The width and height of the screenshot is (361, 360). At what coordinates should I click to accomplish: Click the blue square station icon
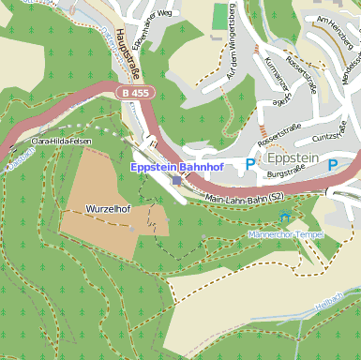coord(177,180)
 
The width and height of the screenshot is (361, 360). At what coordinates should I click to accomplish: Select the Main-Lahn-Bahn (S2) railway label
coord(243,197)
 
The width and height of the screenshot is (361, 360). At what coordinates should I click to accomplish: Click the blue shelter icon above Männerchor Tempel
coord(285,217)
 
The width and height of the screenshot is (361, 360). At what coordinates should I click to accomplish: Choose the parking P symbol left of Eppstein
coord(249,164)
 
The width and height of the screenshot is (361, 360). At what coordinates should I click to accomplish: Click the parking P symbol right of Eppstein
coord(332,164)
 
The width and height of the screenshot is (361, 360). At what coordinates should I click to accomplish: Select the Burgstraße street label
coord(286,172)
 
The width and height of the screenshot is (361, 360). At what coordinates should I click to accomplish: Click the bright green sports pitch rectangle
coord(220,16)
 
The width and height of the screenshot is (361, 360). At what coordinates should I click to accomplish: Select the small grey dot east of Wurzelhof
coord(132,227)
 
